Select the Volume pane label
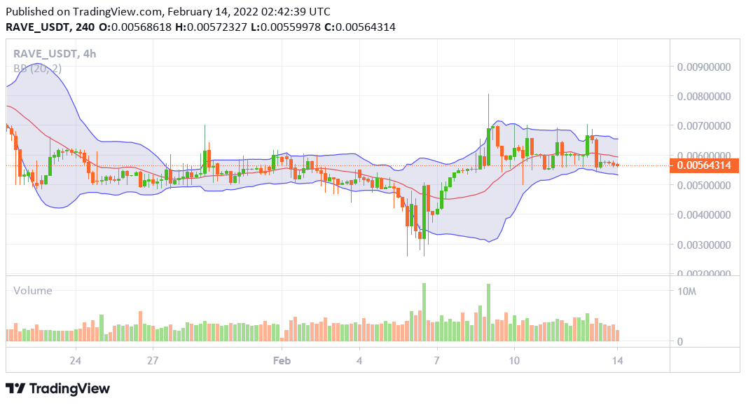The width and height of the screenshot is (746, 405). pos(33,290)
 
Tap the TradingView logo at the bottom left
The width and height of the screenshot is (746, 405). pos(58,388)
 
